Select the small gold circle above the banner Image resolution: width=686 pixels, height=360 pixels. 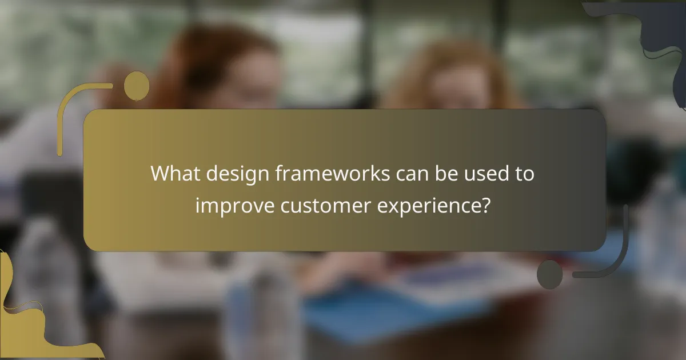137,86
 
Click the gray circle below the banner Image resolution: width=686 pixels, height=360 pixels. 550,274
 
